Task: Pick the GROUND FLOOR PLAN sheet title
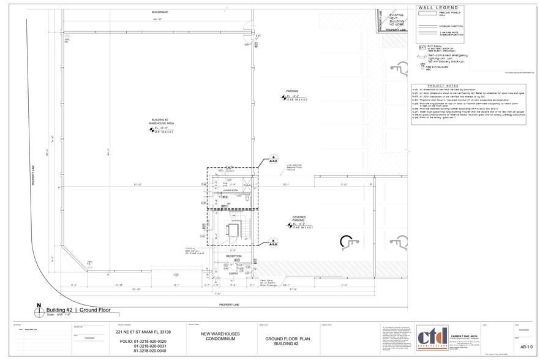coord(280,340)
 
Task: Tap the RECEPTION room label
coord(233,257)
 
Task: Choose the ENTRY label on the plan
coord(233,274)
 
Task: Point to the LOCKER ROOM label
coord(230,190)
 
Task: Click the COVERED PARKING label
coord(299,218)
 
